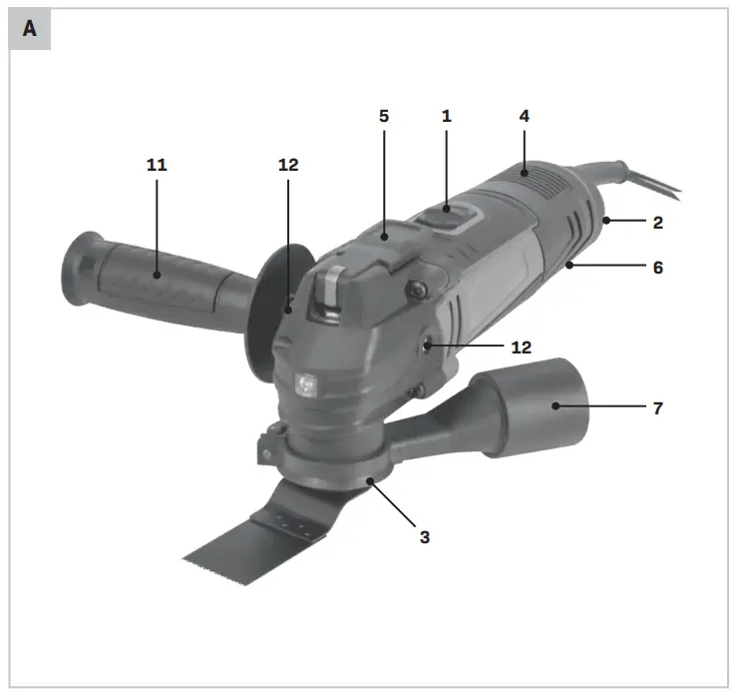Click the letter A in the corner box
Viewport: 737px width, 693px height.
click(x=29, y=29)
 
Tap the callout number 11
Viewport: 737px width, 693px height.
click(x=157, y=165)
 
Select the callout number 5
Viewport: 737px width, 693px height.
click(x=384, y=116)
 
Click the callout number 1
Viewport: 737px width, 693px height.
click(x=447, y=116)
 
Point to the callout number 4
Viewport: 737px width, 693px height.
click(x=525, y=116)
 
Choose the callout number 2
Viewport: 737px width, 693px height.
click(x=658, y=222)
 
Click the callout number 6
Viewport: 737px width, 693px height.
click(x=658, y=268)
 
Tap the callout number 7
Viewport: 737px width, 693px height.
click(x=658, y=407)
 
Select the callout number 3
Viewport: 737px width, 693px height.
click(x=425, y=537)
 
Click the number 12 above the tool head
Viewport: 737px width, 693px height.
click(x=288, y=165)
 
